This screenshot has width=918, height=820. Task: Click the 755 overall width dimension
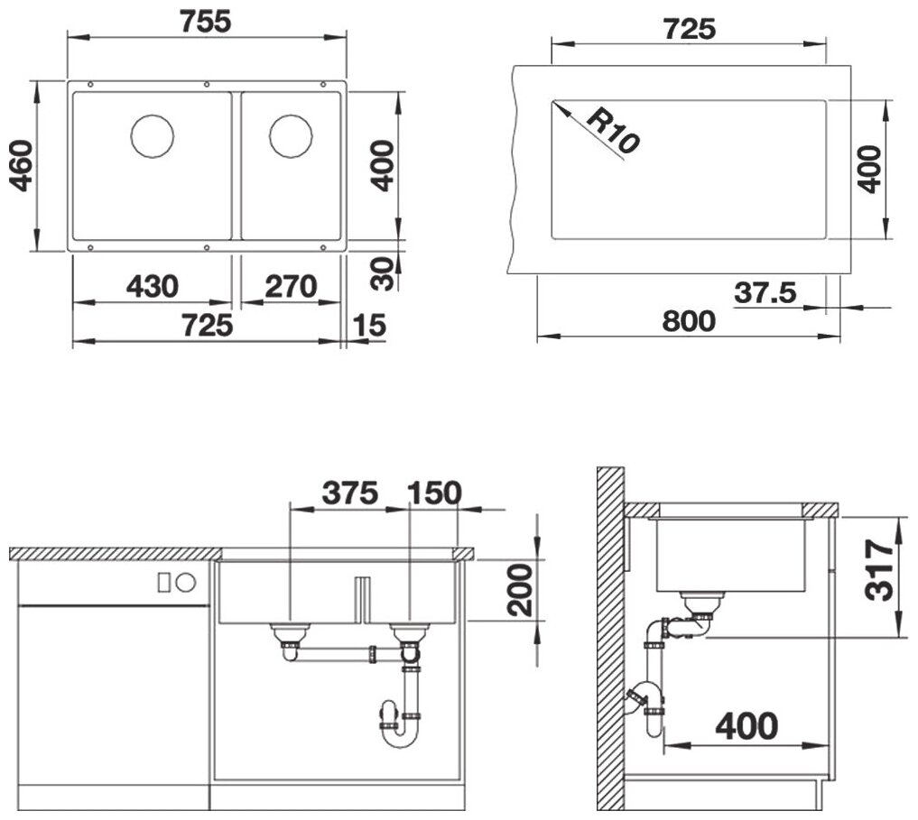[206, 22]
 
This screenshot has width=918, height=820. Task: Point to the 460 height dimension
[23, 166]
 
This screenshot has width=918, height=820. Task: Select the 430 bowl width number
[153, 287]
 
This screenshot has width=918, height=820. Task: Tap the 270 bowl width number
[291, 287]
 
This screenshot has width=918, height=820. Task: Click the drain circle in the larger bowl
[153, 136]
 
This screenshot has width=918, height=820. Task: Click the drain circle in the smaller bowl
[291, 136]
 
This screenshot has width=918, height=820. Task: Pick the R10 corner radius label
[613, 131]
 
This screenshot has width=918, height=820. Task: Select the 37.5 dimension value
[765, 292]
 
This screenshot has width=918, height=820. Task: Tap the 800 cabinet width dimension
[689, 321]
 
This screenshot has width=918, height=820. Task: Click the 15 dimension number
[369, 326]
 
